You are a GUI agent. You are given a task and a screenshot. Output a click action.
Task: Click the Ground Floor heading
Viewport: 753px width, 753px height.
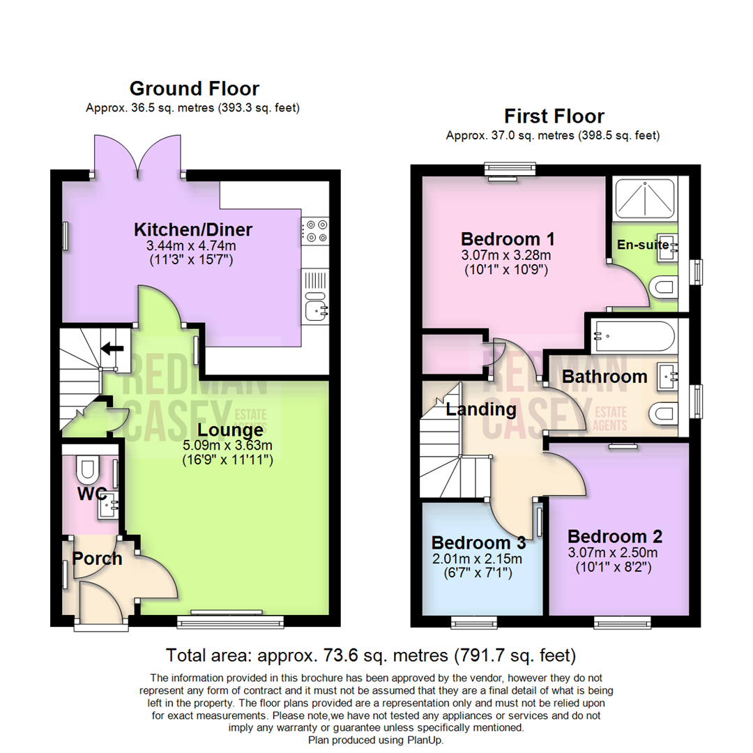pyautogui.click(x=194, y=89)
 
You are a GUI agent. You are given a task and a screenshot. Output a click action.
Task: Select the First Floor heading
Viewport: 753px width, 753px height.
pyautogui.click(x=554, y=116)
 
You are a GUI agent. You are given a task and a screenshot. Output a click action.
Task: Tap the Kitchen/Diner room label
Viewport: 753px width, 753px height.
pyautogui.click(x=193, y=229)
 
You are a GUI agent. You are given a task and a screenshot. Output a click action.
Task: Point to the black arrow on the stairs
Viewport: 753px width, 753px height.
pyautogui.click(x=112, y=347)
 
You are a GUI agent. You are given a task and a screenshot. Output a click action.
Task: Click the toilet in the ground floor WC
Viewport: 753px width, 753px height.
pyautogui.click(x=88, y=471)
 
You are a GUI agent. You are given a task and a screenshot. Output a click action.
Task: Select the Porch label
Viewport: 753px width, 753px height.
pyautogui.click(x=98, y=558)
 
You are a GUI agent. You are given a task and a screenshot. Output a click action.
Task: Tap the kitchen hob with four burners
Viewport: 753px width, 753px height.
pyautogui.click(x=314, y=231)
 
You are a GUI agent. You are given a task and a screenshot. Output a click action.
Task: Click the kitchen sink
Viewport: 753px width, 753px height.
pyautogui.click(x=315, y=307)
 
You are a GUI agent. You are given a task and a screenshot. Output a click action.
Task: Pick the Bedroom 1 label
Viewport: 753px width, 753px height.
pyautogui.click(x=508, y=238)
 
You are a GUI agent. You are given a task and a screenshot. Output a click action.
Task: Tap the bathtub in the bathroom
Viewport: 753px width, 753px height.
pyautogui.click(x=632, y=337)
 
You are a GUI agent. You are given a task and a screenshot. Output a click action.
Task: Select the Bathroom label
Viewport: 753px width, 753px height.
pyautogui.click(x=604, y=377)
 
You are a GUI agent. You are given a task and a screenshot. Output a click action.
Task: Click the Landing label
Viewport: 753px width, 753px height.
pyautogui.click(x=481, y=410)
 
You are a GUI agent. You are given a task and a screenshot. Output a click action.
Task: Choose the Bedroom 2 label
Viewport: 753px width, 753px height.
pyautogui.click(x=615, y=537)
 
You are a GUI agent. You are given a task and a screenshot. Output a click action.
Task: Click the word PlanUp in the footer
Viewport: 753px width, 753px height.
pyautogui.click(x=423, y=740)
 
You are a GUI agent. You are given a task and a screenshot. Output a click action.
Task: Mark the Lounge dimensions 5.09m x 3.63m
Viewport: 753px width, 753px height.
pyautogui.click(x=229, y=446)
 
